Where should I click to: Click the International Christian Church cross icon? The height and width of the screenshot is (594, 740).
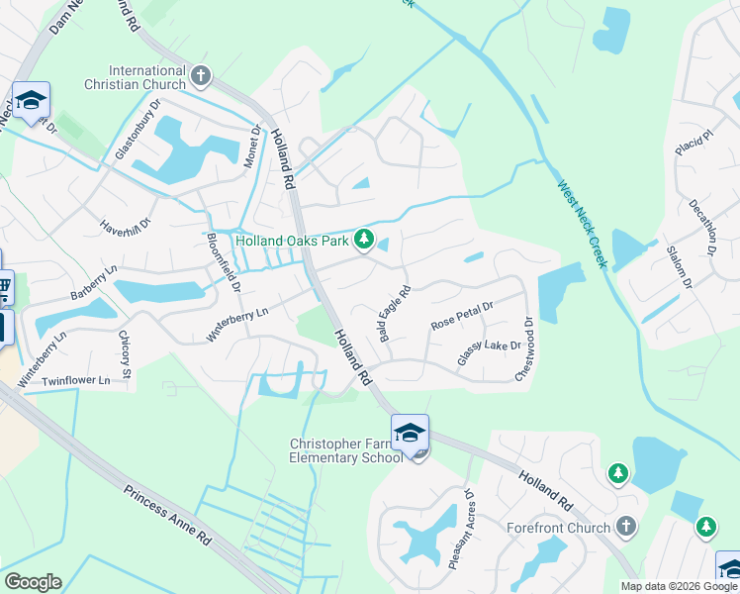(202, 76)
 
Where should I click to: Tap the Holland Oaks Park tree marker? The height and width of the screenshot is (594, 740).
(365, 240)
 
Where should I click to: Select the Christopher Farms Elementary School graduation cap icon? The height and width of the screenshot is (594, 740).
(410, 433)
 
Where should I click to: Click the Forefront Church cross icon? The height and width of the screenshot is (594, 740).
(624, 527)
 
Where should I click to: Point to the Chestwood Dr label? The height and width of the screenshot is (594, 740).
(524, 348)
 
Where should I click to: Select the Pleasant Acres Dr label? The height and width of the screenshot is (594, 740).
(463, 529)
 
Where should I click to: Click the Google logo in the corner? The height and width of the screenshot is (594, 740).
(33, 582)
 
